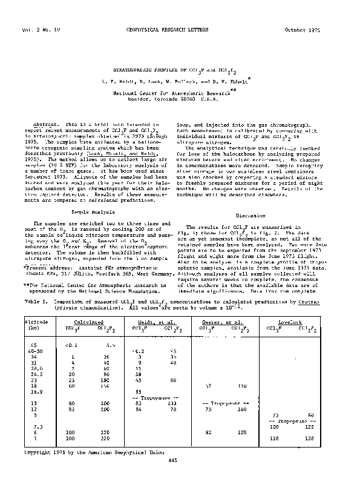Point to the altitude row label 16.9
(33, 391)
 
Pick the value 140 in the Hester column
(243, 409)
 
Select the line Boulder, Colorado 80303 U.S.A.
(167, 98)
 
